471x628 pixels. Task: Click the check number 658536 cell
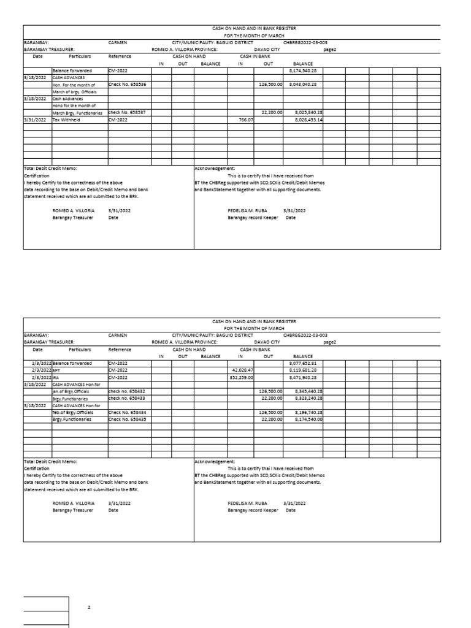pyautogui.click(x=126, y=84)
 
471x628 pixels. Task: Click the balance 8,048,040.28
pyautogui.click(x=305, y=84)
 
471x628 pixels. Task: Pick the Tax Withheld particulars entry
pyautogui.click(x=66, y=120)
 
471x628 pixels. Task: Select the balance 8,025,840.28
pyautogui.click(x=305, y=113)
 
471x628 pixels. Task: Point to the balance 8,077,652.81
pyautogui.click(x=302, y=364)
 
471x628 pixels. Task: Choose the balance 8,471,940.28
pyautogui.click(x=302, y=378)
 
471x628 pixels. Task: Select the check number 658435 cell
pyautogui.click(x=126, y=419)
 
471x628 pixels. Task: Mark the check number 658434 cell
pyautogui.click(x=126, y=413)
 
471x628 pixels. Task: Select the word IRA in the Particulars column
pyautogui.click(x=56, y=378)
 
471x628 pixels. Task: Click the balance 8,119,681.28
pyautogui.click(x=302, y=370)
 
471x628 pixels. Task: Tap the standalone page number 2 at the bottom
pyautogui.click(x=89, y=607)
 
